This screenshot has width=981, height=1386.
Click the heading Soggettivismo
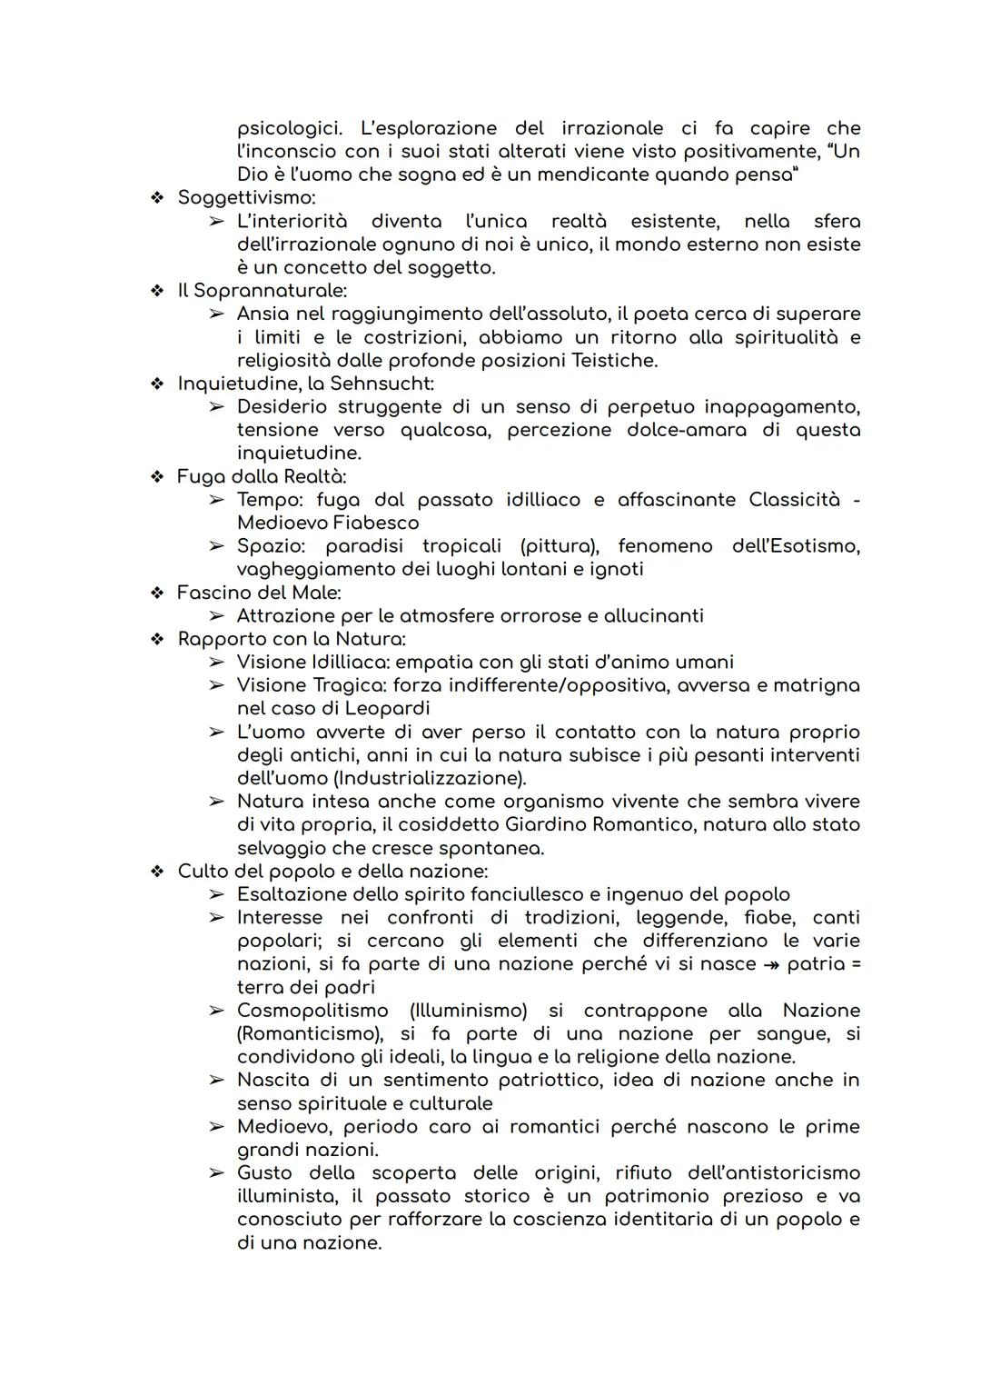click(245, 197)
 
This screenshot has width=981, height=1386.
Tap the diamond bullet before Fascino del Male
click(156, 593)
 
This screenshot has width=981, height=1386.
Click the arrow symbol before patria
click(771, 964)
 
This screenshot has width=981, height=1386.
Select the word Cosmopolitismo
click(312, 1011)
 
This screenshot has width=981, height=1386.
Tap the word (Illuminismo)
click(469, 1011)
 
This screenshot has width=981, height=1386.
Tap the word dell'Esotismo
click(796, 546)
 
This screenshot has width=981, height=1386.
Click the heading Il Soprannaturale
click(262, 291)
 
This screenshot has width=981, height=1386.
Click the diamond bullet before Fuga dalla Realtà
click(156, 476)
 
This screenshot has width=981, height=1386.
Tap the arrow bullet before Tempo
click(215, 500)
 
